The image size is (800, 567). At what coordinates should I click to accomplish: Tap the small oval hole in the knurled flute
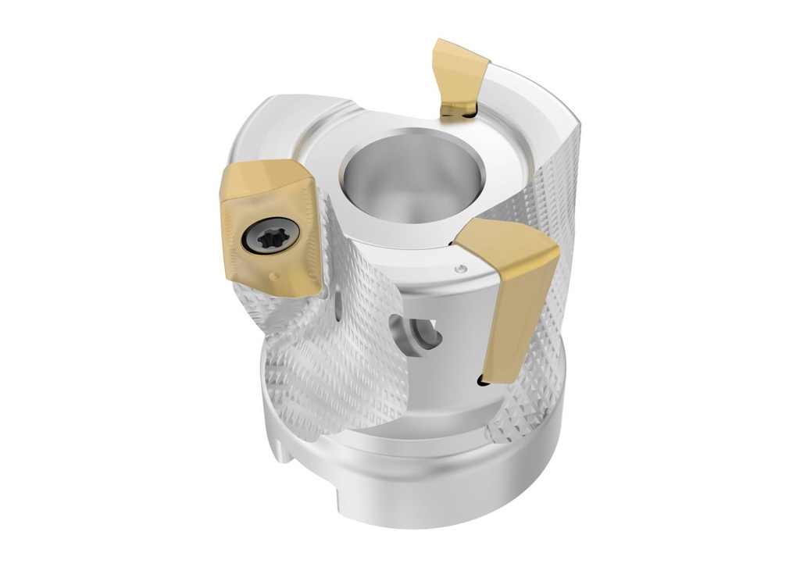tap(337, 308)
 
